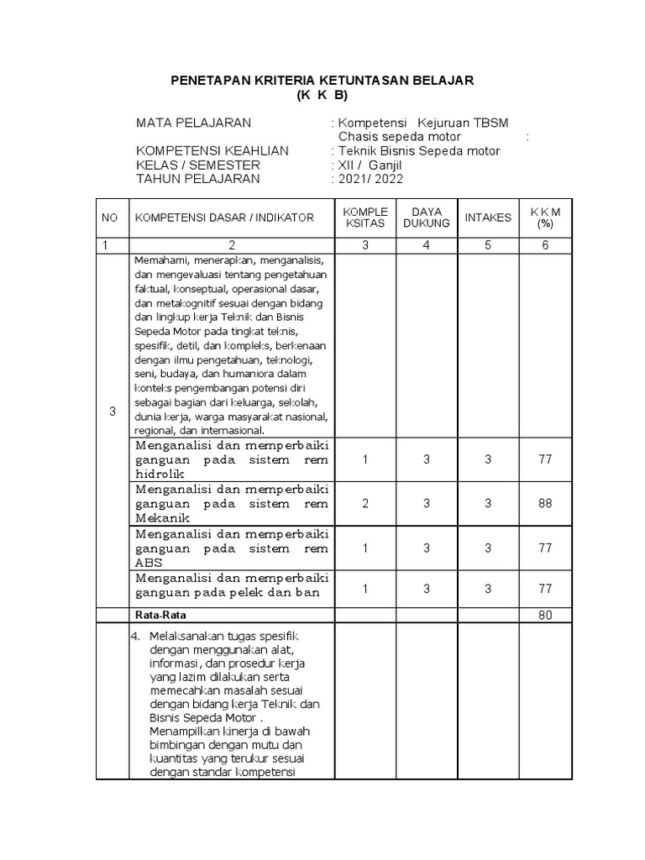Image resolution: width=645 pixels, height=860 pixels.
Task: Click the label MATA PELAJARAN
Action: pos(193,123)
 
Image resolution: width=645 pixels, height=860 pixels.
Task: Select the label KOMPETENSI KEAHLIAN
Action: pos(212,150)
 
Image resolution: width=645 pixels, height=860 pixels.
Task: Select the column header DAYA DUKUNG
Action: pos(427,218)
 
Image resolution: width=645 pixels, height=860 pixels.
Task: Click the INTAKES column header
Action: pos(488,218)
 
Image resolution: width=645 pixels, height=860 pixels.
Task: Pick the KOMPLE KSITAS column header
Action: pos(364,218)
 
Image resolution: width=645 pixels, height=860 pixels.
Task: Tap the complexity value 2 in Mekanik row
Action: pos(364,503)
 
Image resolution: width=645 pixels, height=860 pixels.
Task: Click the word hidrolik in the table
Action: pos(158,474)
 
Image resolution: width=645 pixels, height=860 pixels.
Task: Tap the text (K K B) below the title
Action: pos(322,94)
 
